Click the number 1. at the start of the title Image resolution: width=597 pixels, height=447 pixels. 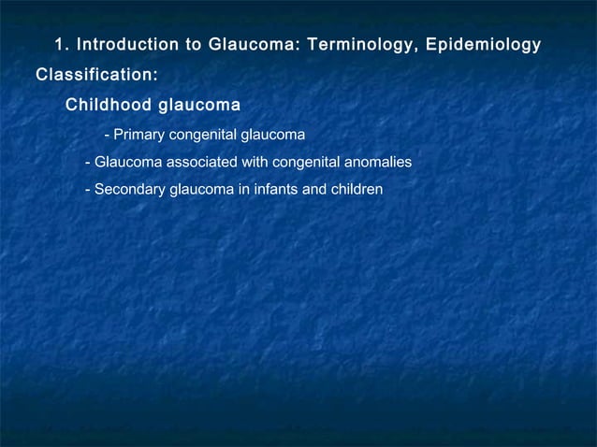click(62, 45)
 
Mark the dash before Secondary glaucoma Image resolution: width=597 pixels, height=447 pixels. click(87, 191)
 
